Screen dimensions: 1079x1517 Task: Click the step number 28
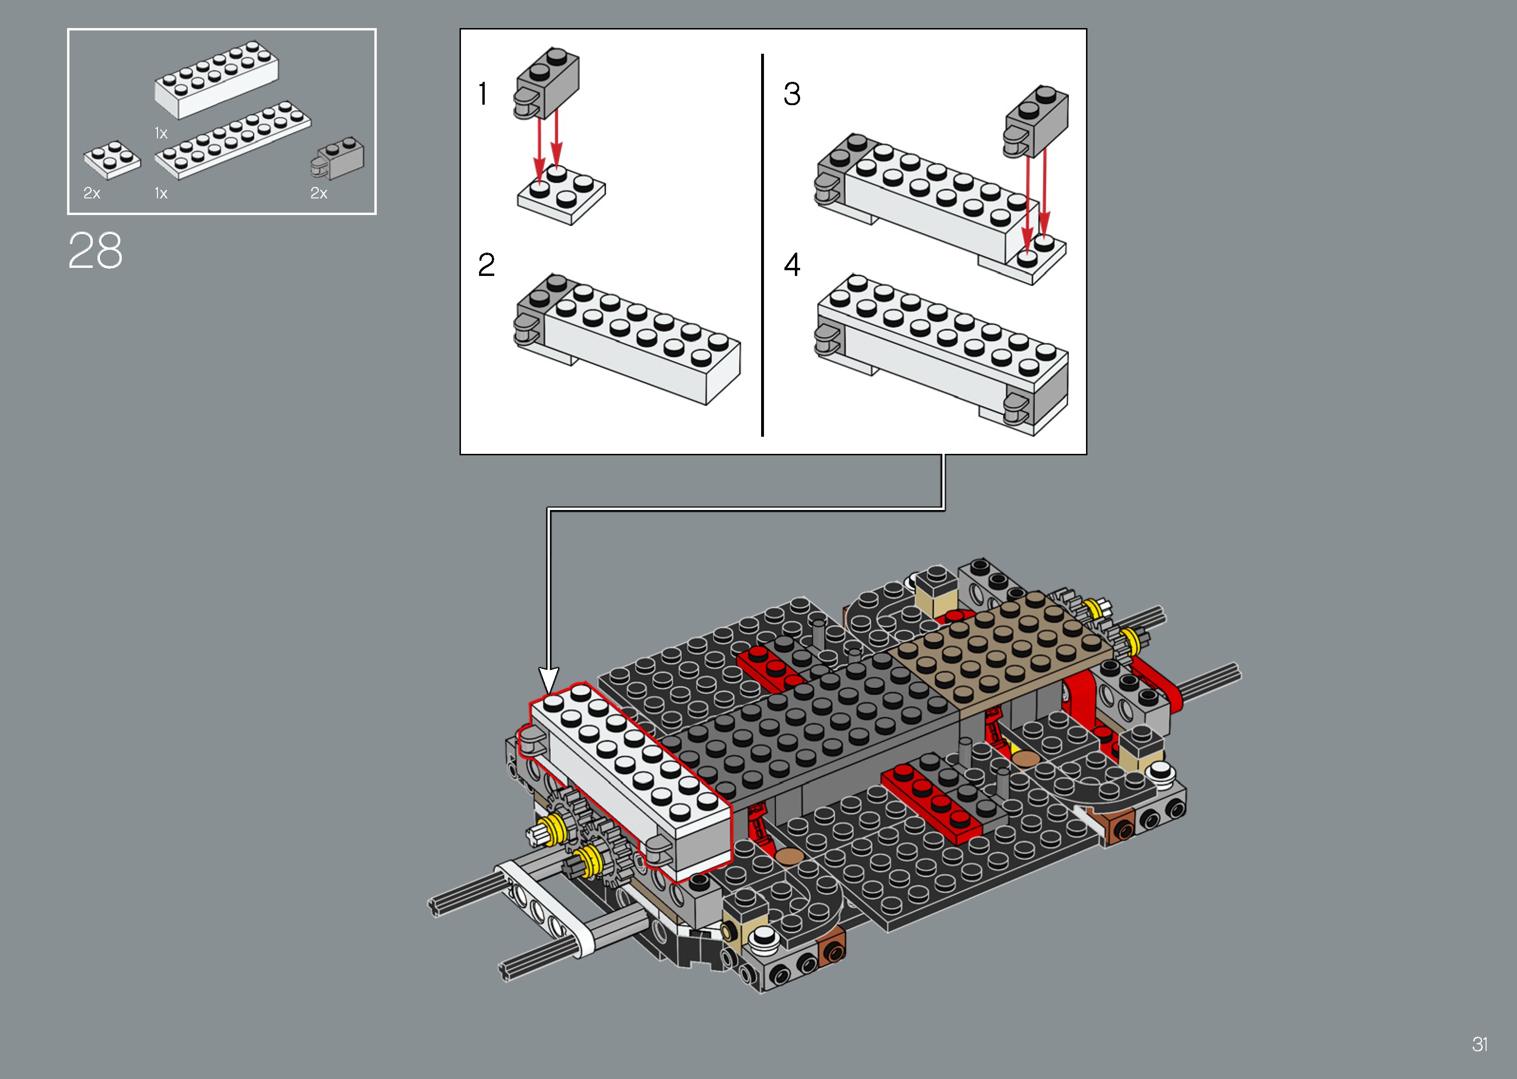click(95, 251)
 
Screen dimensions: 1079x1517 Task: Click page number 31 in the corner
click(1479, 1044)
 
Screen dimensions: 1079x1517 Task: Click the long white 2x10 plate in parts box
click(233, 141)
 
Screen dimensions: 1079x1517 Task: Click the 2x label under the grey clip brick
click(319, 193)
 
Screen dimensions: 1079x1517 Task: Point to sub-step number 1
click(483, 94)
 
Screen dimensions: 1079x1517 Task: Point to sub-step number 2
click(486, 265)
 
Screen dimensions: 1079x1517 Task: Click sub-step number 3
click(792, 94)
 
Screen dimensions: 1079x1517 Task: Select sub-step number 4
click(792, 265)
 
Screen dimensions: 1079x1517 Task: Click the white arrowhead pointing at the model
click(548, 680)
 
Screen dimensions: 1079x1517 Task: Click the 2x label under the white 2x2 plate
click(92, 193)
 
